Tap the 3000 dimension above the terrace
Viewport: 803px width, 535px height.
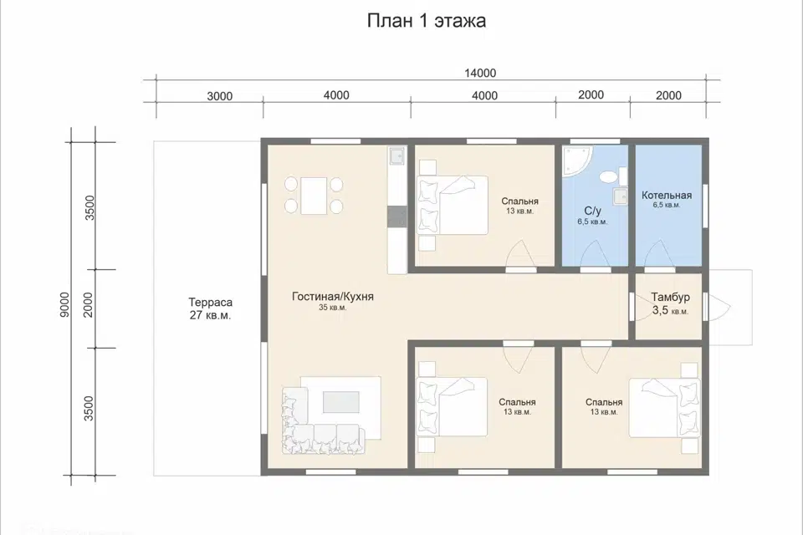(219, 95)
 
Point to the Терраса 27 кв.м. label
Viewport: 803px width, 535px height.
(210, 308)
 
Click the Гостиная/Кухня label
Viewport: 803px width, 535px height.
(332, 298)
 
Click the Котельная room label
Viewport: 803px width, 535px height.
(667, 198)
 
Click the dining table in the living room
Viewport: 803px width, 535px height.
(314, 195)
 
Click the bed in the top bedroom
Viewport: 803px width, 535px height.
(456, 205)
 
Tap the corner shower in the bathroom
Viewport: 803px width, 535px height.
(576, 162)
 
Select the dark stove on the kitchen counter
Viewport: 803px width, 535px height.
(396, 217)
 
